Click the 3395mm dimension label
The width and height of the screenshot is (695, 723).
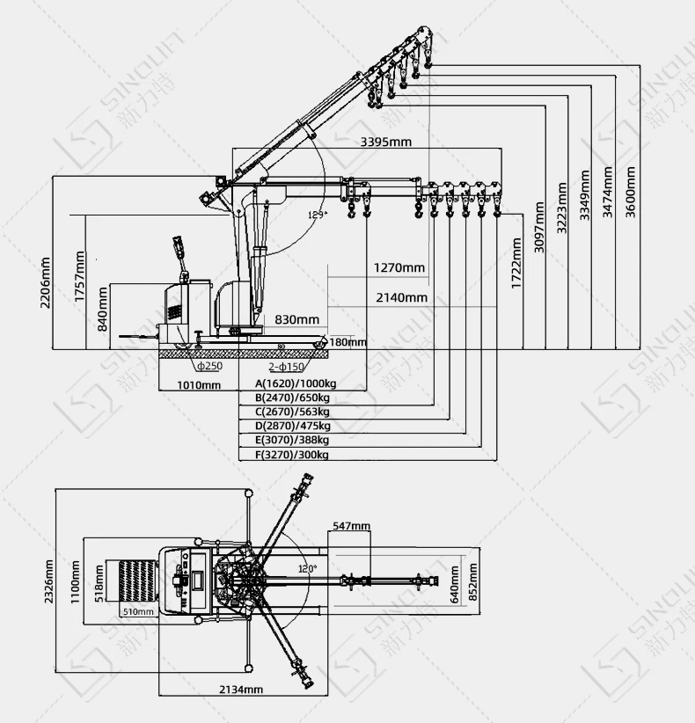[385, 142]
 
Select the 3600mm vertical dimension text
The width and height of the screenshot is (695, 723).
[630, 191]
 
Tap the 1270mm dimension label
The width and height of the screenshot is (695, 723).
[399, 267]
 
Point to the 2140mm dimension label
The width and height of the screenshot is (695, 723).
[401, 297]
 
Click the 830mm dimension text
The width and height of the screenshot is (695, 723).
[296, 318]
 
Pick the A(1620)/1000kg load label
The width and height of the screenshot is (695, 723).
[296, 383]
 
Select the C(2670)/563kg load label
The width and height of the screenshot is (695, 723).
[292, 412]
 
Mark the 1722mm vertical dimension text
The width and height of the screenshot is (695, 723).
[516, 262]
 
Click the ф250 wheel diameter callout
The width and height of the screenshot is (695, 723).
[209, 366]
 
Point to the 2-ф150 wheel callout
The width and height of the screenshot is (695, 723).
[286, 366]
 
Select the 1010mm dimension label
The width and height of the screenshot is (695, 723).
[199, 384]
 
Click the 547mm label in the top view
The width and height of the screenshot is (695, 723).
[351, 526]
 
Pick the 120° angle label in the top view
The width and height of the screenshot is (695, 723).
[305, 569]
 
